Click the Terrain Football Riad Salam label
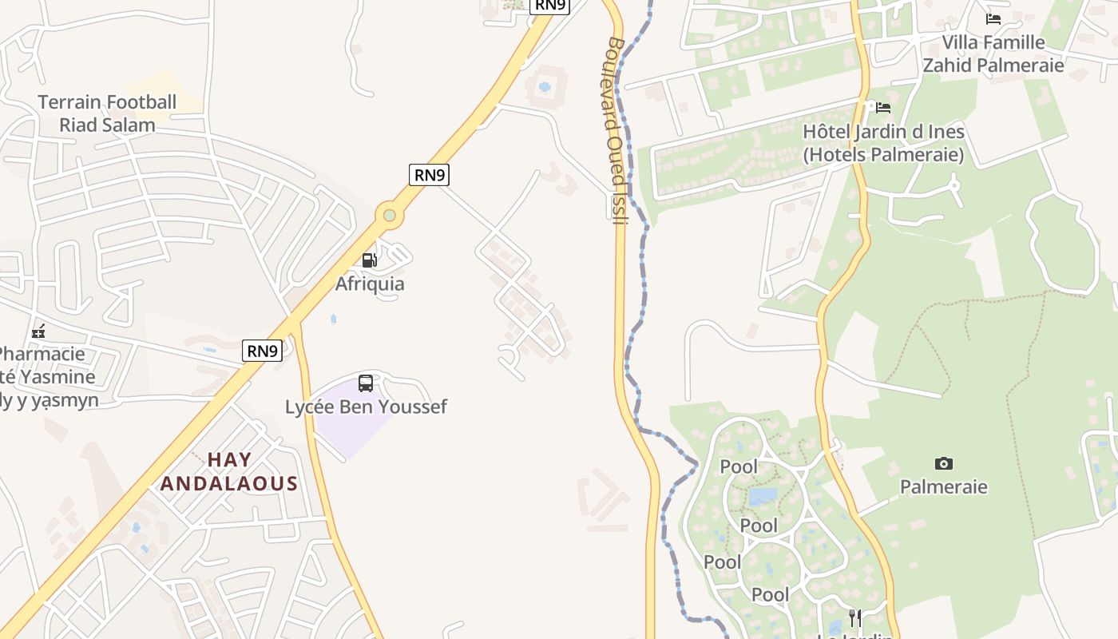[x=107, y=113]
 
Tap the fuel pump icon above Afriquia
[x=369, y=260]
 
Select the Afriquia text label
[x=370, y=284]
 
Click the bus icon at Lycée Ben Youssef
[x=366, y=383]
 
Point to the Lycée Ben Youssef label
[x=366, y=407]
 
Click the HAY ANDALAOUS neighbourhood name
[x=229, y=471]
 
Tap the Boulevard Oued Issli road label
[x=617, y=130]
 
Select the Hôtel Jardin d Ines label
[x=883, y=143]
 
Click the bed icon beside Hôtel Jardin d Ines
[x=882, y=107]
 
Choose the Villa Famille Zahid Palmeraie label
[x=993, y=54]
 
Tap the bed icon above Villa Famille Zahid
[x=993, y=18]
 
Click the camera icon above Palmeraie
[x=943, y=464]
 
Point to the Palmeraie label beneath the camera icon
[x=943, y=486]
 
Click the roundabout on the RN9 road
[x=389, y=215]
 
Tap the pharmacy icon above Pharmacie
[x=38, y=331]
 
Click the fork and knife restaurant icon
[x=854, y=617]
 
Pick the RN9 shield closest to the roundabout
[x=429, y=174]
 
